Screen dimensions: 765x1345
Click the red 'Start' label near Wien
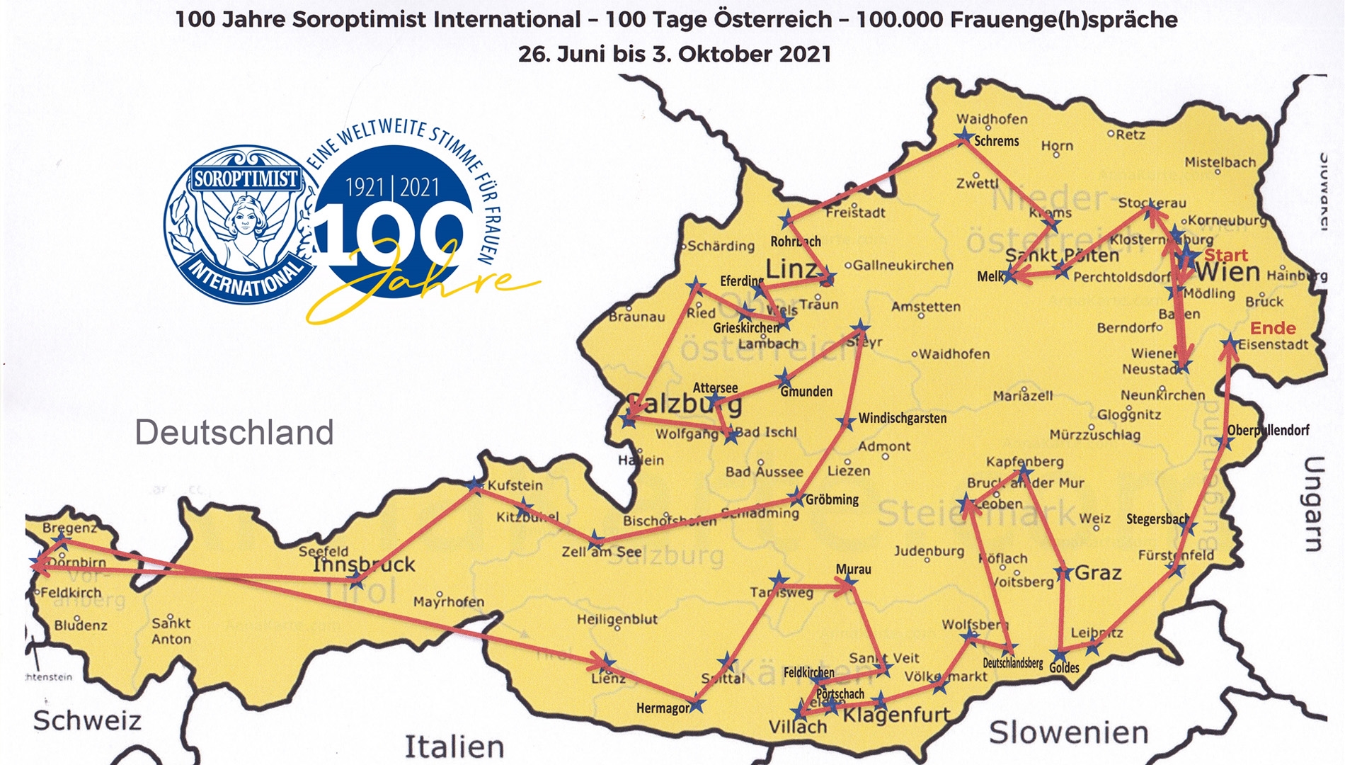pos(1226,256)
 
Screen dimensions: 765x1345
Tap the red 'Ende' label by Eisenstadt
pos(1273,328)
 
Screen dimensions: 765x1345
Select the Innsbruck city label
pos(364,565)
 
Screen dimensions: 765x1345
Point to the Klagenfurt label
pos(896,714)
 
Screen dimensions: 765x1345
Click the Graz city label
pos(1098,572)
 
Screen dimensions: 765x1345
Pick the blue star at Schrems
pos(964,137)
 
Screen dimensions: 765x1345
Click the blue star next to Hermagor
pos(697,705)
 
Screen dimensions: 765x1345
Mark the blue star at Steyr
pos(860,328)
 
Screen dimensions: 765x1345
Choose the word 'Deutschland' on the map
pos(234,432)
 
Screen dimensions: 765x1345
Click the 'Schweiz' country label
pos(87,720)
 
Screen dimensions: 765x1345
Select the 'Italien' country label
pos(454,747)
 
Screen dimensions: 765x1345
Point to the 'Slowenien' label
pos(1068,732)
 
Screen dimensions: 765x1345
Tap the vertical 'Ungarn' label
pos(1314,504)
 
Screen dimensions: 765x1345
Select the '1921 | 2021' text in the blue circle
pos(392,188)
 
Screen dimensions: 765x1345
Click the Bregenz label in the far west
pos(69,528)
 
